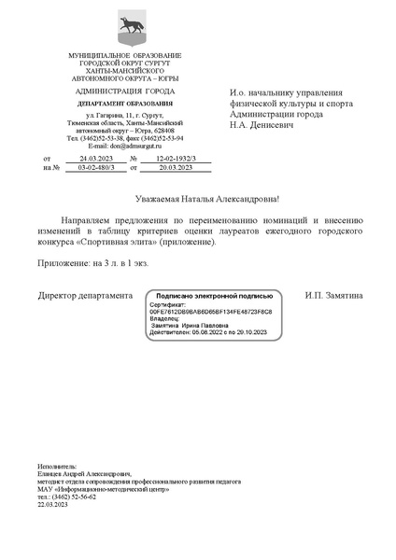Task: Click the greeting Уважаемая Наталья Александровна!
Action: [198, 200]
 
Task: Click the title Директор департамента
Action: [85, 295]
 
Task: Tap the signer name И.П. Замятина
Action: [332, 295]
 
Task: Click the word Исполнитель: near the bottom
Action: [58, 464]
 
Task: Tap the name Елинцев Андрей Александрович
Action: [84, 473]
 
